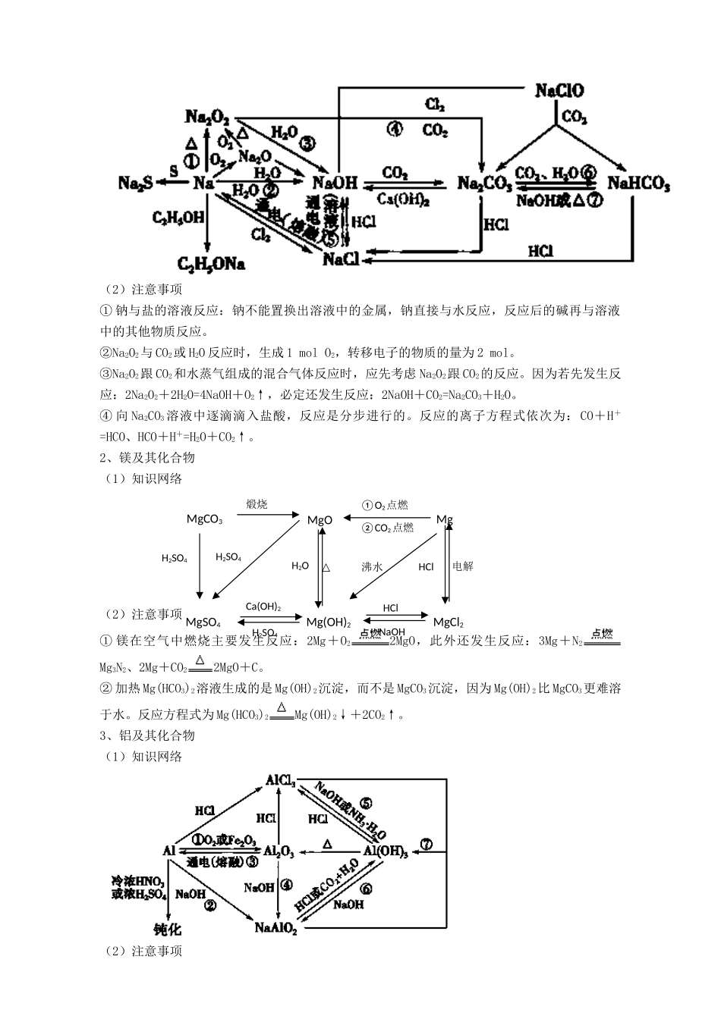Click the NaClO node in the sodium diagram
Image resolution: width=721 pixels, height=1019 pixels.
coord(559,91)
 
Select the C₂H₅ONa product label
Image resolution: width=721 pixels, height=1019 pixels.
coord(211,264)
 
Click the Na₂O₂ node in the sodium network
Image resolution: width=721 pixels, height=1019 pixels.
coord(207,117)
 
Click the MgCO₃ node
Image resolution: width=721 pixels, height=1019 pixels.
coord(204,519)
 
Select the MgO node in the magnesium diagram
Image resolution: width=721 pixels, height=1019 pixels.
coord(320,520)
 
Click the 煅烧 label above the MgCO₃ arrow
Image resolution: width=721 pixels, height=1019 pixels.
coord(257,504)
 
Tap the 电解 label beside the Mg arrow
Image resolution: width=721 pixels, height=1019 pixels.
coord(462,566)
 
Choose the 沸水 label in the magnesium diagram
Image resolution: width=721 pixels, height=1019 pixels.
coord(372,566)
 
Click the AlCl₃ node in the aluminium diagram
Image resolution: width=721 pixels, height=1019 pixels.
coord(280,780)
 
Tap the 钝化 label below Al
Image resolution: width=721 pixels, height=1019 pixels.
coord(167,930)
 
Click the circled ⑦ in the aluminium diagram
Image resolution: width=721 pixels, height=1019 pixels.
coord(426,844)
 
